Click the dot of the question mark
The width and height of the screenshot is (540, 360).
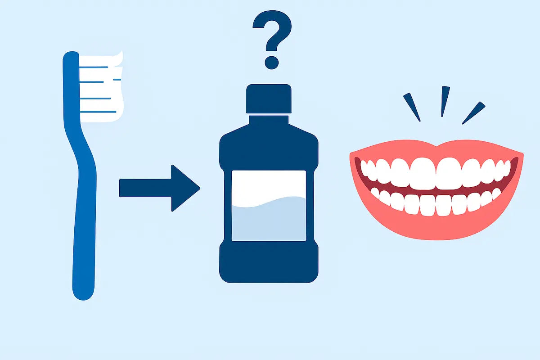(271, 62)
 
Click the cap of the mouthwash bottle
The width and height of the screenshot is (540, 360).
(269, 99)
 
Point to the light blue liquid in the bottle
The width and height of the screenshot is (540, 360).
(269, 220)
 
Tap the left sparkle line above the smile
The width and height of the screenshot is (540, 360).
(412, 107)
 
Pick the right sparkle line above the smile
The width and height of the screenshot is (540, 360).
(473, 113)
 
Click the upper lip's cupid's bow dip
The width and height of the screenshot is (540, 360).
(436, 146)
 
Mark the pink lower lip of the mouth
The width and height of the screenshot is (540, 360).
(436, 227)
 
